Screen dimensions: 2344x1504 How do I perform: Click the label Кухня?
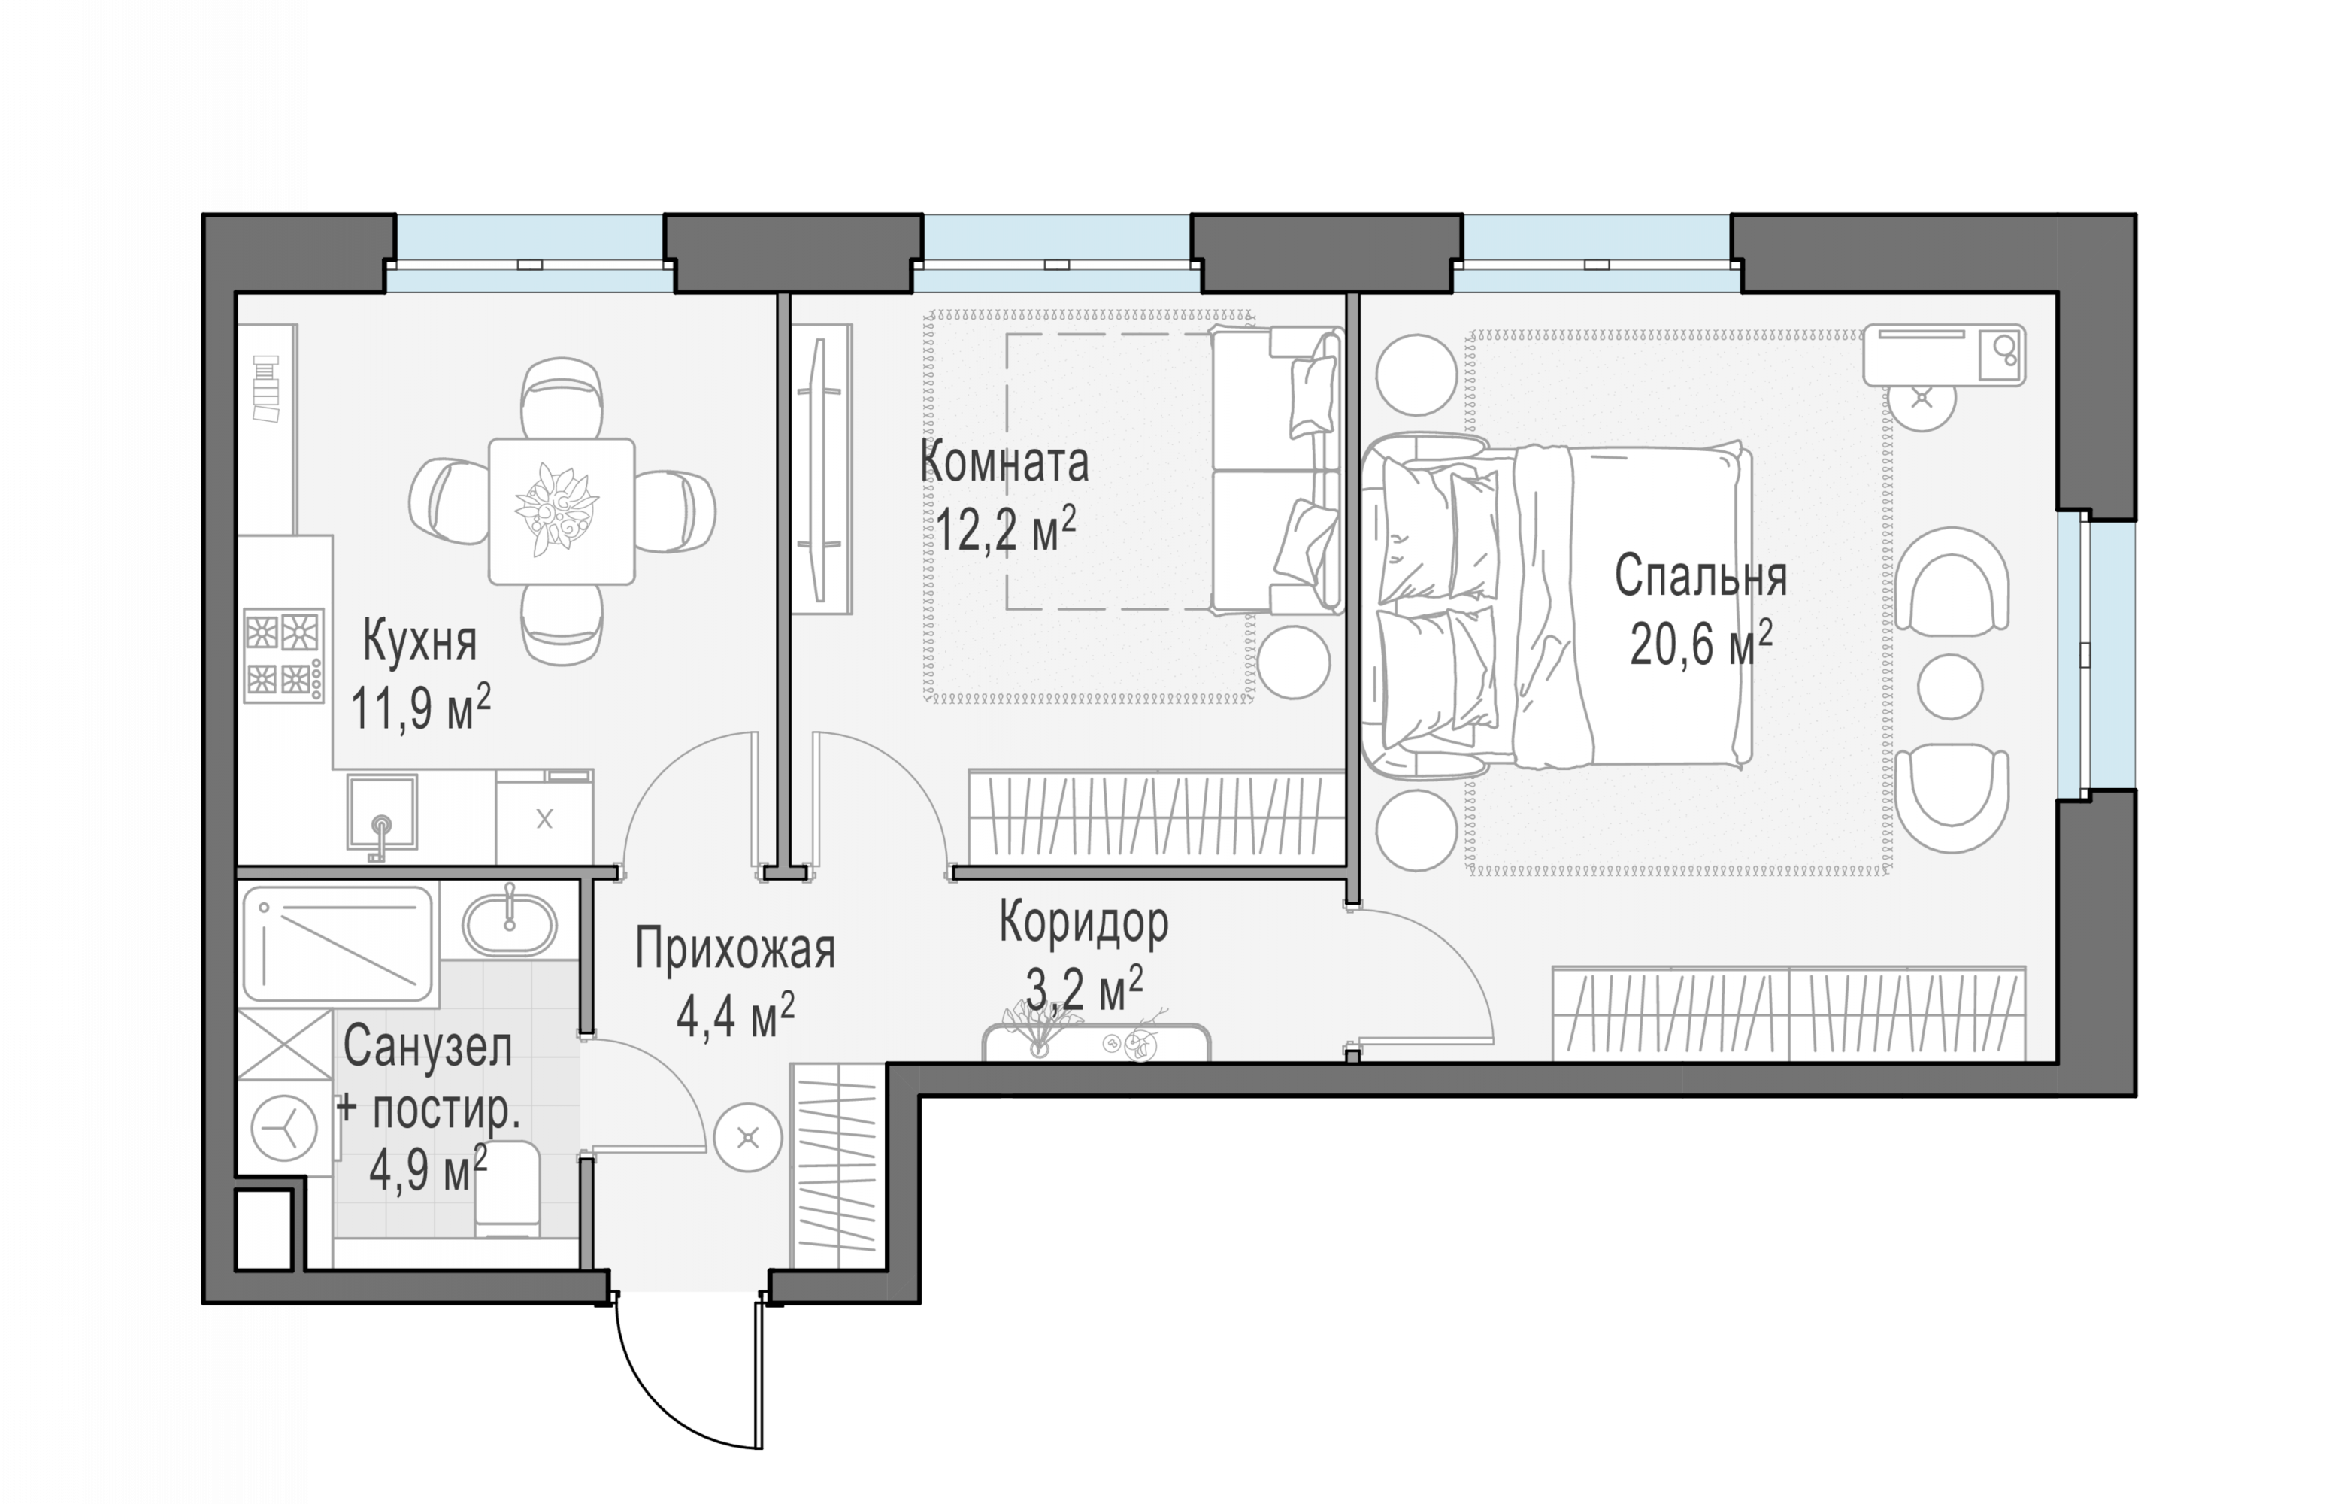click(x=419, y=641)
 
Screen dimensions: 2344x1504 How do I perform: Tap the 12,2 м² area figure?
click(x=1006, y=530)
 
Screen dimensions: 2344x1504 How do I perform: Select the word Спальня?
click(x=1700, y=576)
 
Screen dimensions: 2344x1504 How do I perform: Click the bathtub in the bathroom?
click(x=338, y=944)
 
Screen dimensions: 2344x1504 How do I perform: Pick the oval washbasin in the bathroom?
click(x=509, y=923)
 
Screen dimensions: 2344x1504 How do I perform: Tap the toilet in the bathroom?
click(x=507, y=1190)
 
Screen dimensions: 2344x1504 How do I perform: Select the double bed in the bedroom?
click(x=1556, y=605)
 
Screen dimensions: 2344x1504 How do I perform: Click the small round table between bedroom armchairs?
click(x=1949, y=687)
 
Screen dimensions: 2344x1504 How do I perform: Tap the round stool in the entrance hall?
click(x=748, y=1137)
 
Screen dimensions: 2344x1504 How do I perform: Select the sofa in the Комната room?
click(x=1276, y=471)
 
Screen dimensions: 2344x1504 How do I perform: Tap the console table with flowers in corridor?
click(x=1096, y=1041)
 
